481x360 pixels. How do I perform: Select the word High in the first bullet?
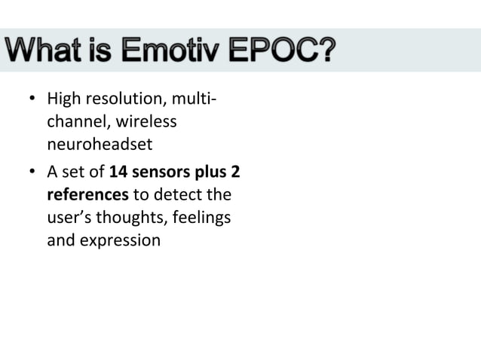[x=63, y=99]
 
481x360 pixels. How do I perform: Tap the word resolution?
[x=118, y=99]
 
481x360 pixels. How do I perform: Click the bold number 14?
[x=118, y=172]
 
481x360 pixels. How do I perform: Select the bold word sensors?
[x=161, y=172]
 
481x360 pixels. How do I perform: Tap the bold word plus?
[x=211, y=172]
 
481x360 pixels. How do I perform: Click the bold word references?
[x=87, y=195]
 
